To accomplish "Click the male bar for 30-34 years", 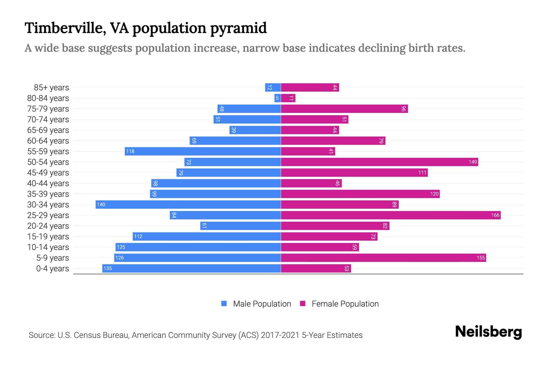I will (x=188, y=204).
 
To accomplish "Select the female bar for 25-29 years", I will (x=391, y=215).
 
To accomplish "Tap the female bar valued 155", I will (x=383, y=258).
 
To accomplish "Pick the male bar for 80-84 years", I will (x=277, y=98).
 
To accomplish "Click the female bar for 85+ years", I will (x=310, y=87).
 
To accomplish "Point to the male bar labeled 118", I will (x=203, y=151).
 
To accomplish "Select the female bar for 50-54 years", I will (x=379, y=162).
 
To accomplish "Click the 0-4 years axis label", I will (x=52, y=269).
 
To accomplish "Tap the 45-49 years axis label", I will (x=48, y=173).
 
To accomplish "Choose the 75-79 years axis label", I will (x=48, y=109).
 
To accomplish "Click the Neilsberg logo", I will (x=488, y=332).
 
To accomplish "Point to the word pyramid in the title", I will (x=238, y=28).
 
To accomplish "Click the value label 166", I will (x=495, y=215).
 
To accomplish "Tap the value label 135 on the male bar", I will (x=108, y=269).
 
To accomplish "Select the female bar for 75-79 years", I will (x=344, y=109).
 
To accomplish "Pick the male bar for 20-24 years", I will (x=241, y=226).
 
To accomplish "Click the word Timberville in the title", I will (x=65, y=28).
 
